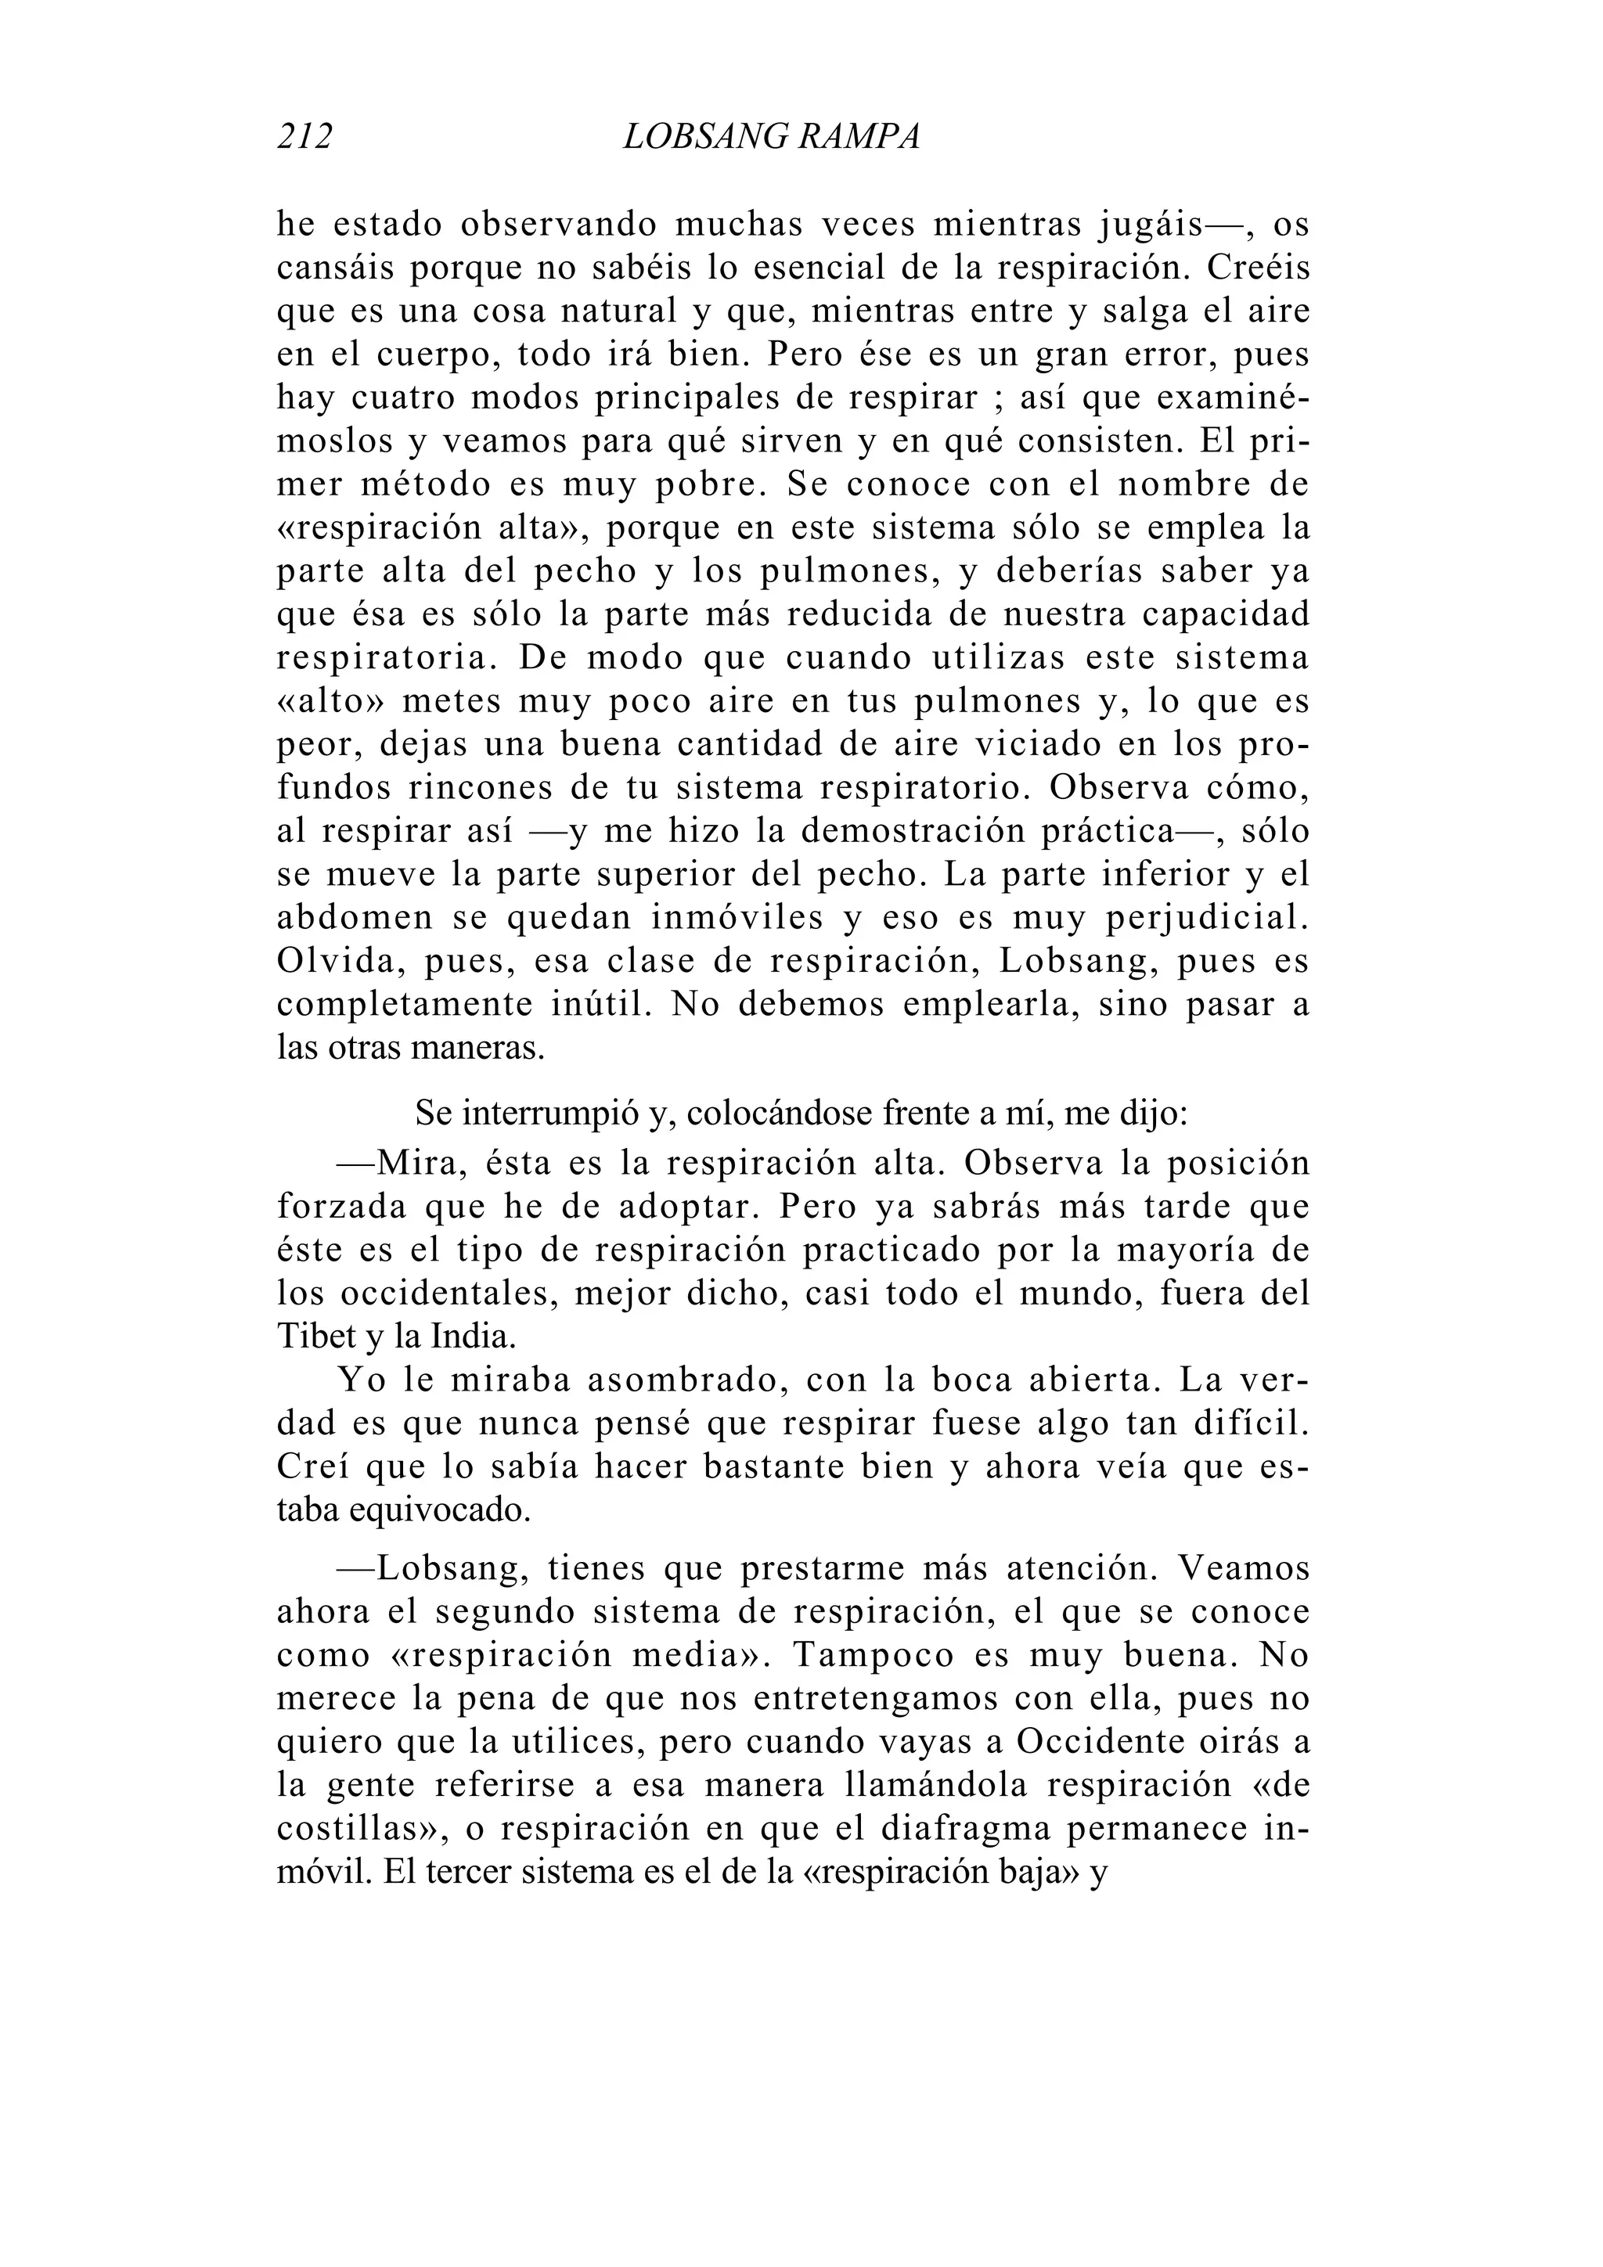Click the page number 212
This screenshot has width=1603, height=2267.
305,136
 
